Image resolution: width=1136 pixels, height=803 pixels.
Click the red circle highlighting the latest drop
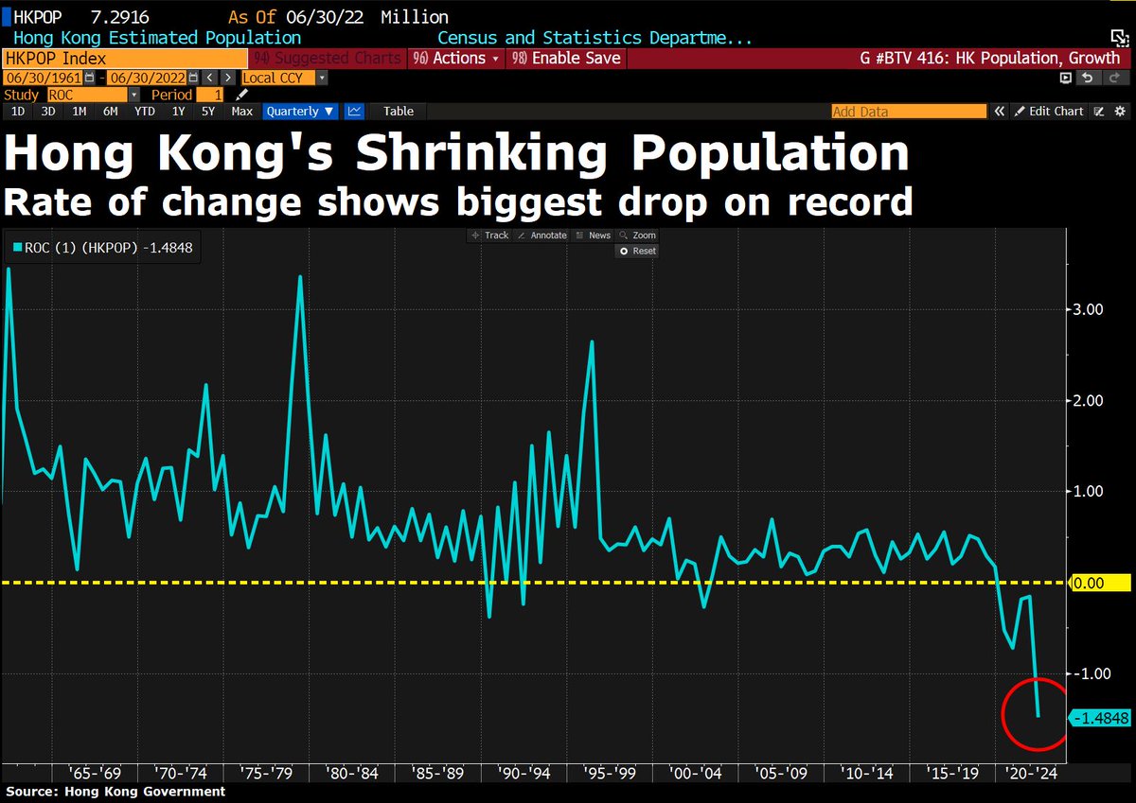(1038, 714)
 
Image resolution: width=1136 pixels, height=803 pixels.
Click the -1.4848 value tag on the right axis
(1100, 719)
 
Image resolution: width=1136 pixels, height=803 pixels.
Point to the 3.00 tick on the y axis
(1087, 309)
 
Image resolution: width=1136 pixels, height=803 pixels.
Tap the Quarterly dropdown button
(300, 112)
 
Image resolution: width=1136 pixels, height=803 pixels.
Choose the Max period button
(241, 112)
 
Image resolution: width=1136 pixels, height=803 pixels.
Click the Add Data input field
(908, 112)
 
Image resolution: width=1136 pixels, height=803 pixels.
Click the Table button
(399, 112)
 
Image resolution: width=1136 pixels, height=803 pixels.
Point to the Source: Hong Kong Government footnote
(115, 792)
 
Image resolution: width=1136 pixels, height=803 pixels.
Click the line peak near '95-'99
(592, 342)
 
